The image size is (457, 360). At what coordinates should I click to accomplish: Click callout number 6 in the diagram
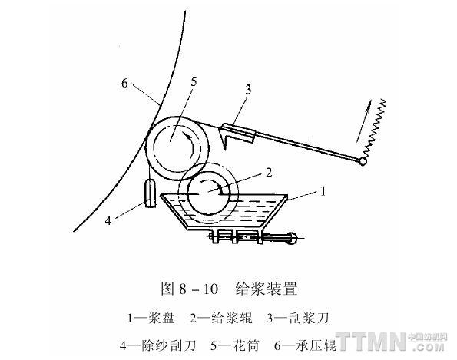point(124,84)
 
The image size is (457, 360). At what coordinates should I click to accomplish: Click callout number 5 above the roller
point(194,82)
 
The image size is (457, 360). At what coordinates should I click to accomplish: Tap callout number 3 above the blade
point(248,90)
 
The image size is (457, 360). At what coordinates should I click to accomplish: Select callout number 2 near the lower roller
point(269,173)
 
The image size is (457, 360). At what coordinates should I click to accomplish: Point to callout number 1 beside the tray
point(323,191)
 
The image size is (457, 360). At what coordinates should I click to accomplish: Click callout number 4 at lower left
point(108,221)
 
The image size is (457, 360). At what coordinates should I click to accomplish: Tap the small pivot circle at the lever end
point(363,161)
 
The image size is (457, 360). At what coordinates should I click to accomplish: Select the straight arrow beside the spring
point(364,121)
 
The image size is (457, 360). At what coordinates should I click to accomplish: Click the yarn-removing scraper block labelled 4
point(151,193)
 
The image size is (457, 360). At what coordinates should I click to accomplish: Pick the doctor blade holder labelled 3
point(238,133)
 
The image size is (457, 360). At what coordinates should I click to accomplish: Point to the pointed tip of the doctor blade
point(226,150)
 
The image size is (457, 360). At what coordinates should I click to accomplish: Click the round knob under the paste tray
point(292,238)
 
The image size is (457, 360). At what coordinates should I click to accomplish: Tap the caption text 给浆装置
point(267,289)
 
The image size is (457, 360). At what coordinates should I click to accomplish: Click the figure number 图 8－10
point(190,289)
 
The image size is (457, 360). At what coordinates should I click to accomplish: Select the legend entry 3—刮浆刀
point(297,318)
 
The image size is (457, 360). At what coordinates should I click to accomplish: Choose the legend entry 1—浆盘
point(151,318)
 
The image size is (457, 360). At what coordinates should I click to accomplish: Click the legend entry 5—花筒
point(234,345)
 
